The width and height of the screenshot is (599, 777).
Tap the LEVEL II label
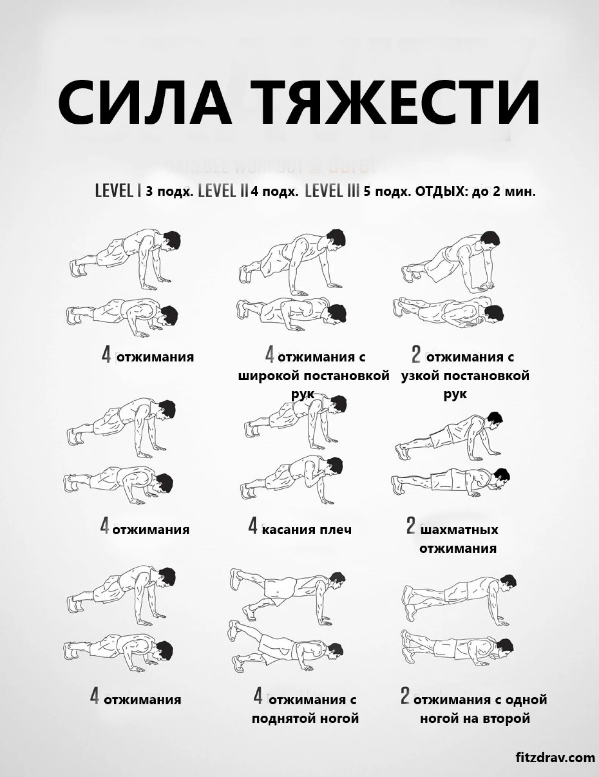click(x=223, y=191)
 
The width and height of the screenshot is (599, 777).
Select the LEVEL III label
click(x=332, y=191)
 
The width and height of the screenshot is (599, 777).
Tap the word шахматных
click(x=459, y=529)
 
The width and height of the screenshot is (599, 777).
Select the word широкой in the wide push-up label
click(x=269, y=376)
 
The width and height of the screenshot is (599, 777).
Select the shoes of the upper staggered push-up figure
click(x=404, y=451)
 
